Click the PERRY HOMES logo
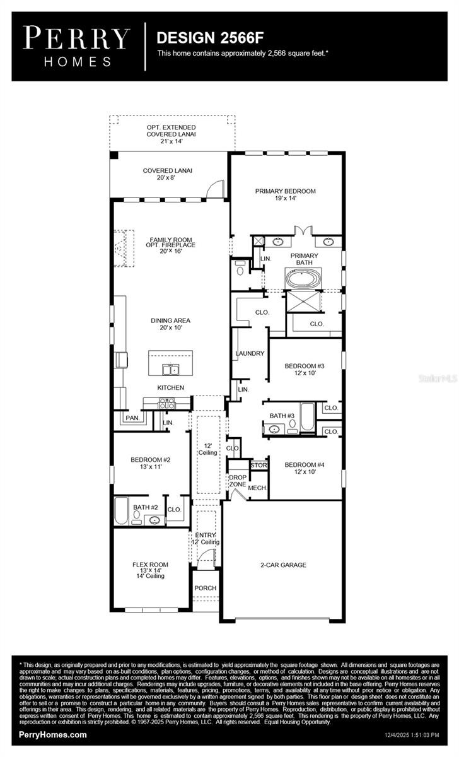(x=76, y=45)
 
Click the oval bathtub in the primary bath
(x=304, y=278)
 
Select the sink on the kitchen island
(x=170, y=369)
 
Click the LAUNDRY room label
(x=250, y=353)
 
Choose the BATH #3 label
(x=282, y=416)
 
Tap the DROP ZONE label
(x=238, y=481)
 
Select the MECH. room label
(x=257, y=488)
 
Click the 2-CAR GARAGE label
(x=283, y=565)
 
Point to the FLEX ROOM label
(x=150, y=565)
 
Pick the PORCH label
(x=205, y=588)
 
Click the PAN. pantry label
(x=132, y=418)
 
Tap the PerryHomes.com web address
(x=53, y=736)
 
